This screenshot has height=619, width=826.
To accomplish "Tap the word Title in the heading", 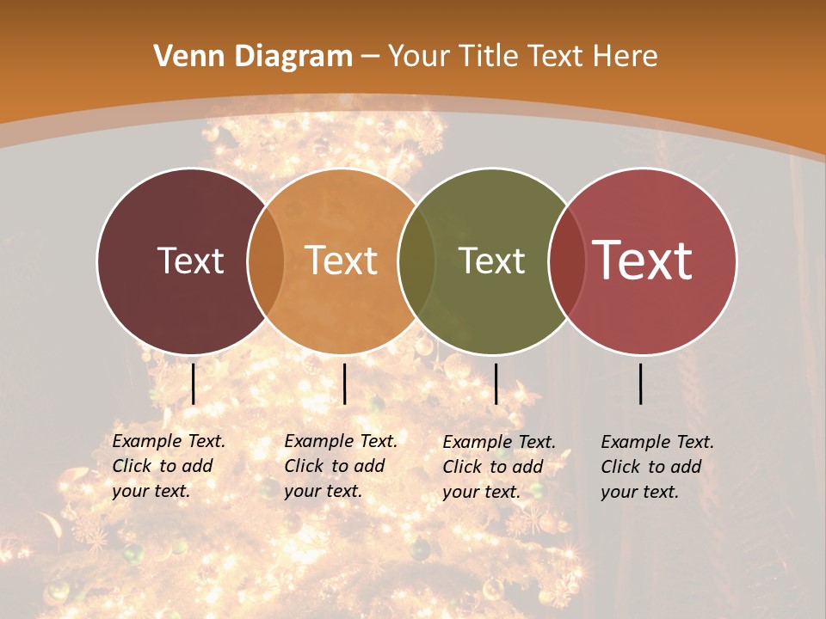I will [x=490, y=57].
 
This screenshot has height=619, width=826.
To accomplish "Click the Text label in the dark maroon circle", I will [x=190, y=260].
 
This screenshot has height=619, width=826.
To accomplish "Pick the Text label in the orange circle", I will [x=341, y=260].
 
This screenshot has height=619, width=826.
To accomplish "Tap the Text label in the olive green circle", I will [x=491, y=260].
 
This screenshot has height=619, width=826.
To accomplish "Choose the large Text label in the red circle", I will [x=642, y=260].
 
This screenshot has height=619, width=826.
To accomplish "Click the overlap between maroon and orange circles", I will [x=265, y=260].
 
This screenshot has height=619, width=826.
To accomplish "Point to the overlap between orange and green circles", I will [x=416, y=260].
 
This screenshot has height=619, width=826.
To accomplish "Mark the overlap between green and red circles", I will [x=566, y=260].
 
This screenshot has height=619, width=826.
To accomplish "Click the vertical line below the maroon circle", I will [x=194, y=383].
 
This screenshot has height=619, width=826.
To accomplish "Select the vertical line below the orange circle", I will [x=344, y=383].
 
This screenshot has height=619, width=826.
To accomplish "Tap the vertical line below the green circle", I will [x=496, y=383].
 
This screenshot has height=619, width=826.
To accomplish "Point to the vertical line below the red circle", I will [x=641, y=383].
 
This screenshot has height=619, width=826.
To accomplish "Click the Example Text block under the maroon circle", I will [x=169, y=466].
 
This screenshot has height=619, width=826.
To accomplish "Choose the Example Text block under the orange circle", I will [x=341, y=466].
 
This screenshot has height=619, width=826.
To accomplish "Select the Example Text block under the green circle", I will [x=499, y=467].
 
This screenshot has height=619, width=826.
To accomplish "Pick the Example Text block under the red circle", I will [x=657, y=467].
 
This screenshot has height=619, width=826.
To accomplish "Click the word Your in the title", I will [x=416, y=57].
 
